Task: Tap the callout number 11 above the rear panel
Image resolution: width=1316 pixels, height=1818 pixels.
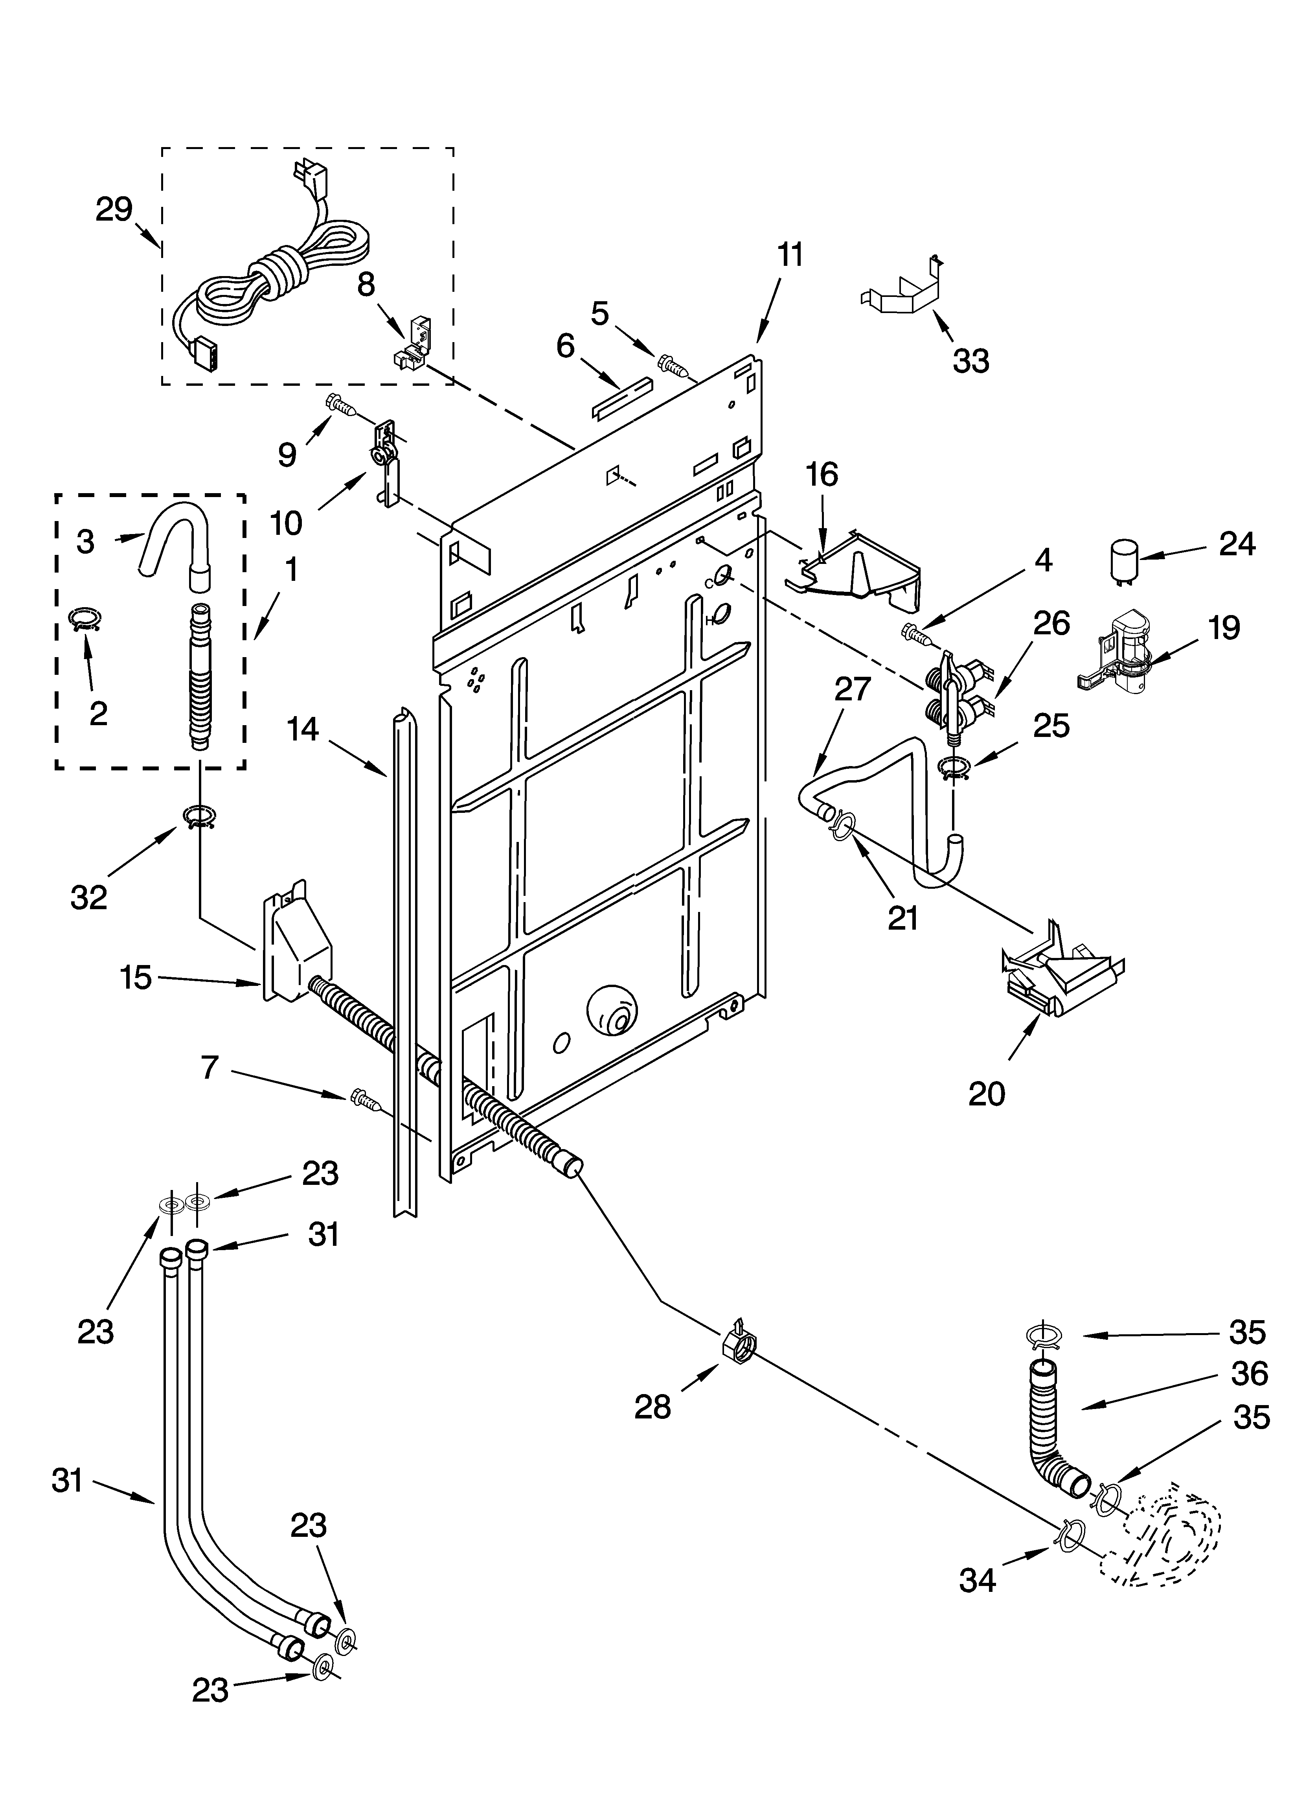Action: click(x=789, y=255)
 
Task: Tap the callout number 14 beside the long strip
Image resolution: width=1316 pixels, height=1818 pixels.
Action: click(x=303, y=729)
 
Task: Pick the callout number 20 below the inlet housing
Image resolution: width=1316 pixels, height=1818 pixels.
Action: click(x=986, y=1092)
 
